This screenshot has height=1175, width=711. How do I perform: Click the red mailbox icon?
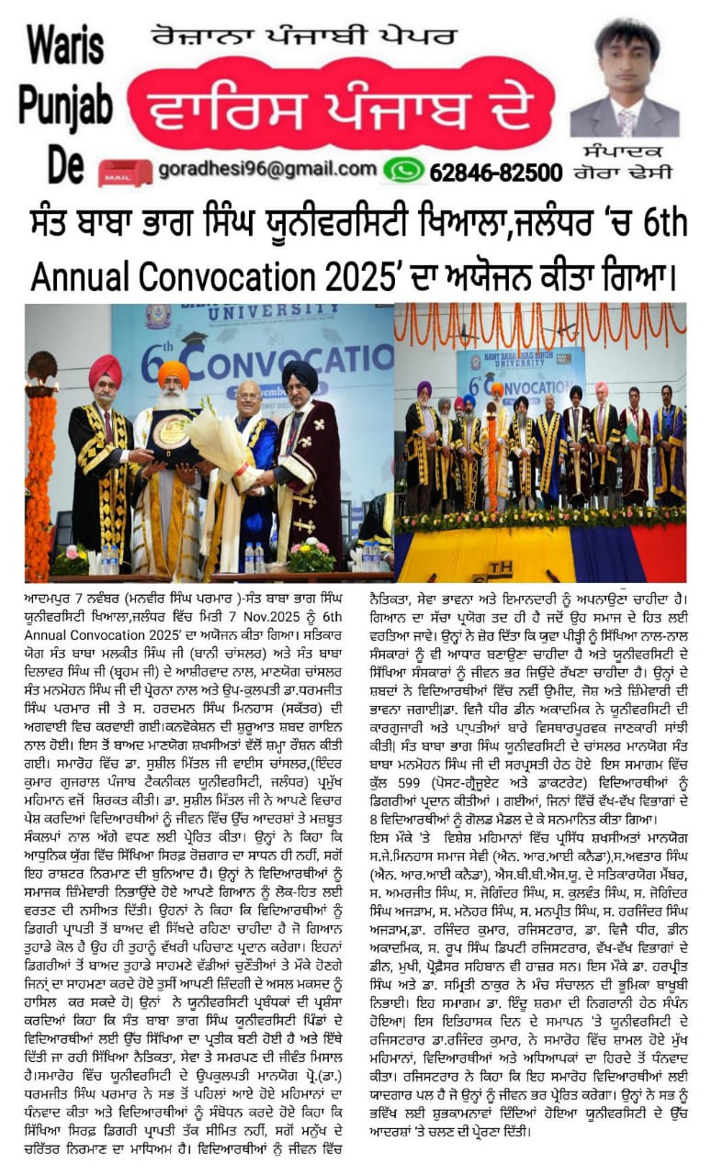click(x=126, y=172)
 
